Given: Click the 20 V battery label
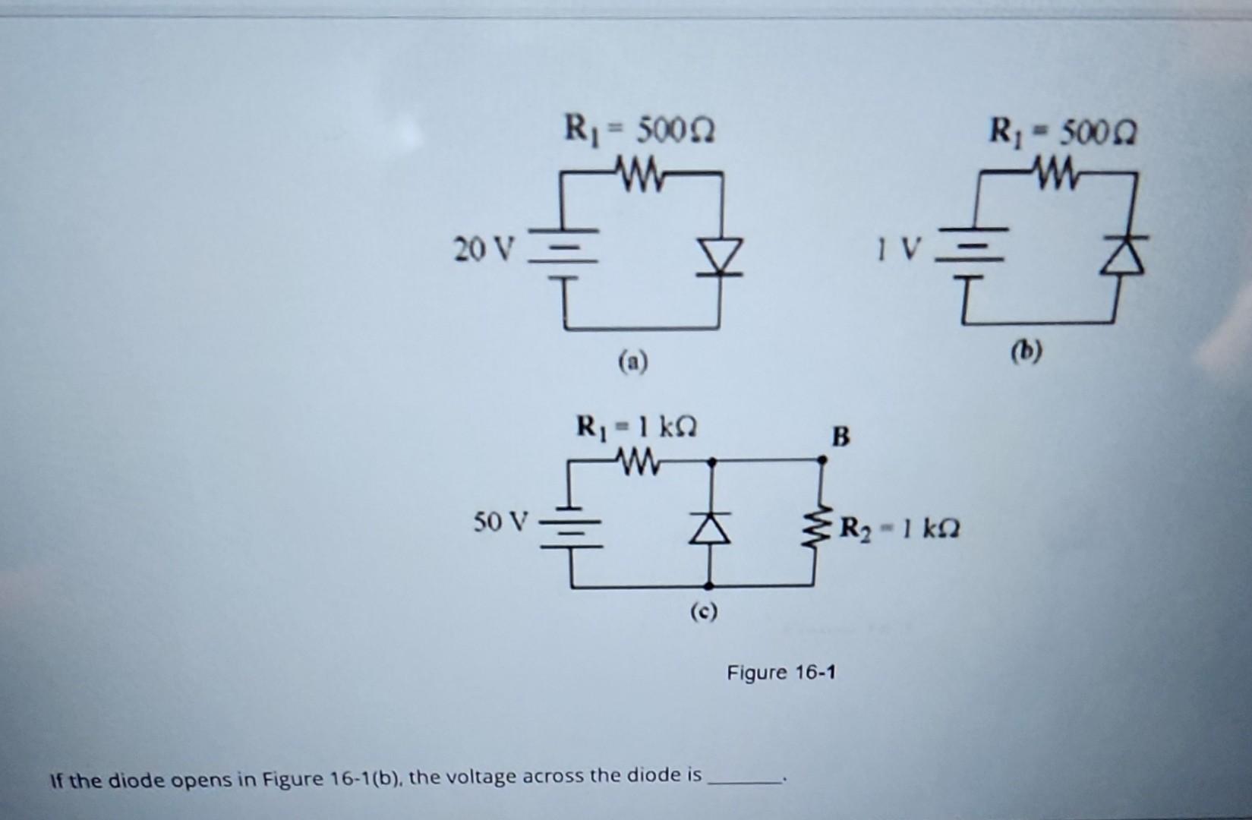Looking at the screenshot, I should pyautogui.click(x=484, y=249).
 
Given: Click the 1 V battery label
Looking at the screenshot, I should pyautogui.click(x=899, y=248).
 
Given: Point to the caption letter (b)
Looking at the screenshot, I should pyautogui.click(x=1027, y=352).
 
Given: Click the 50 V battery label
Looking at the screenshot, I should pyautogui.click(x=500, y=522).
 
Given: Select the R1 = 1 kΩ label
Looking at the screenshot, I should pyautogui.click(x=636, y=427).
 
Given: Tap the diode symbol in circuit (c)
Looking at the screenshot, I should pyautogui.click(x=710, y=526).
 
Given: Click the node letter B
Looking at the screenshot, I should pyautogui.click(x=841, y=437).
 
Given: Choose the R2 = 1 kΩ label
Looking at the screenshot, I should pyautogui.click(x=900, y=527).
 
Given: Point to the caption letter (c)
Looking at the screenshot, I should pyautogui.click(x=703, y=612).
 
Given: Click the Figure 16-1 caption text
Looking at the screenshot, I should pyautogui.click(x=781, y=673).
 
